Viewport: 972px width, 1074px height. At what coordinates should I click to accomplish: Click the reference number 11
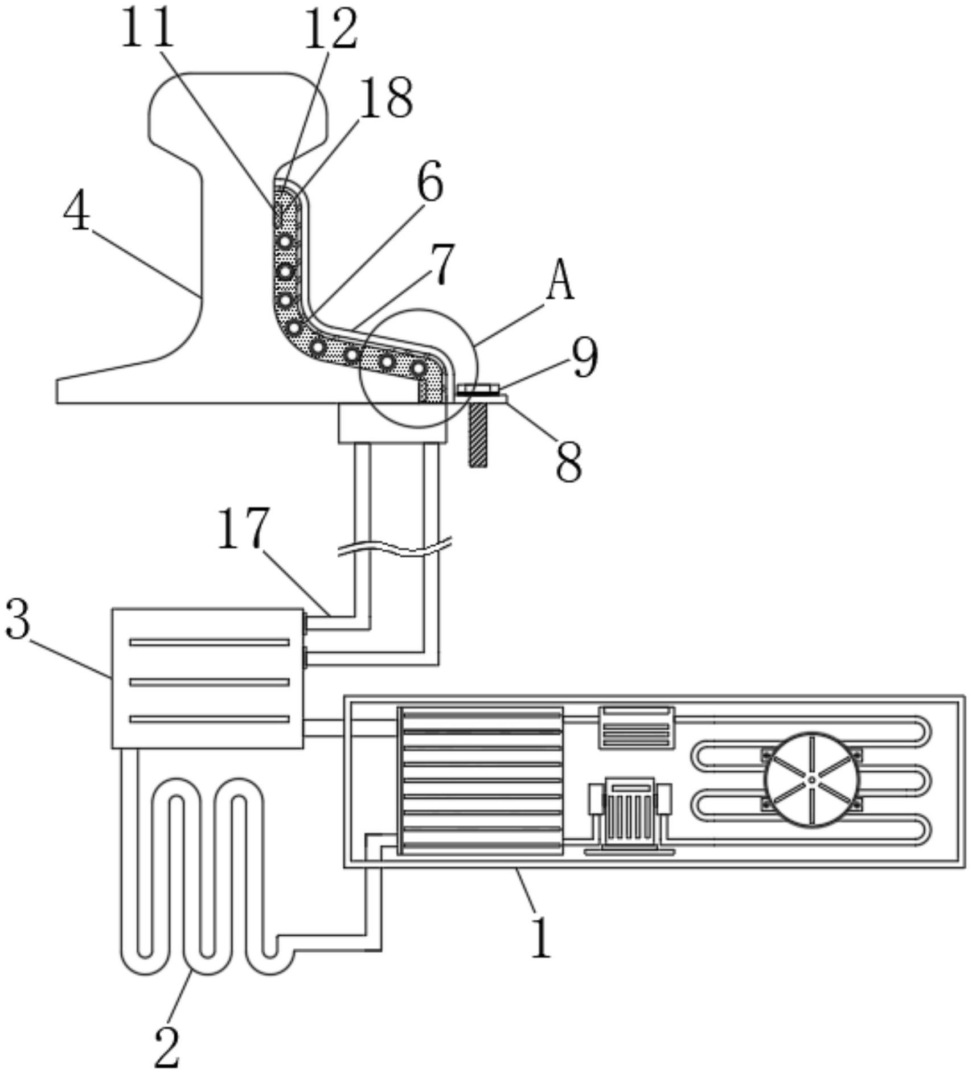pos(147,28)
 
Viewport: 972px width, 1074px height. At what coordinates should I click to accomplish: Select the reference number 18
pos(387,98)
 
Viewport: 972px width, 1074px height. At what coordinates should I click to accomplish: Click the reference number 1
pos(585,358)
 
